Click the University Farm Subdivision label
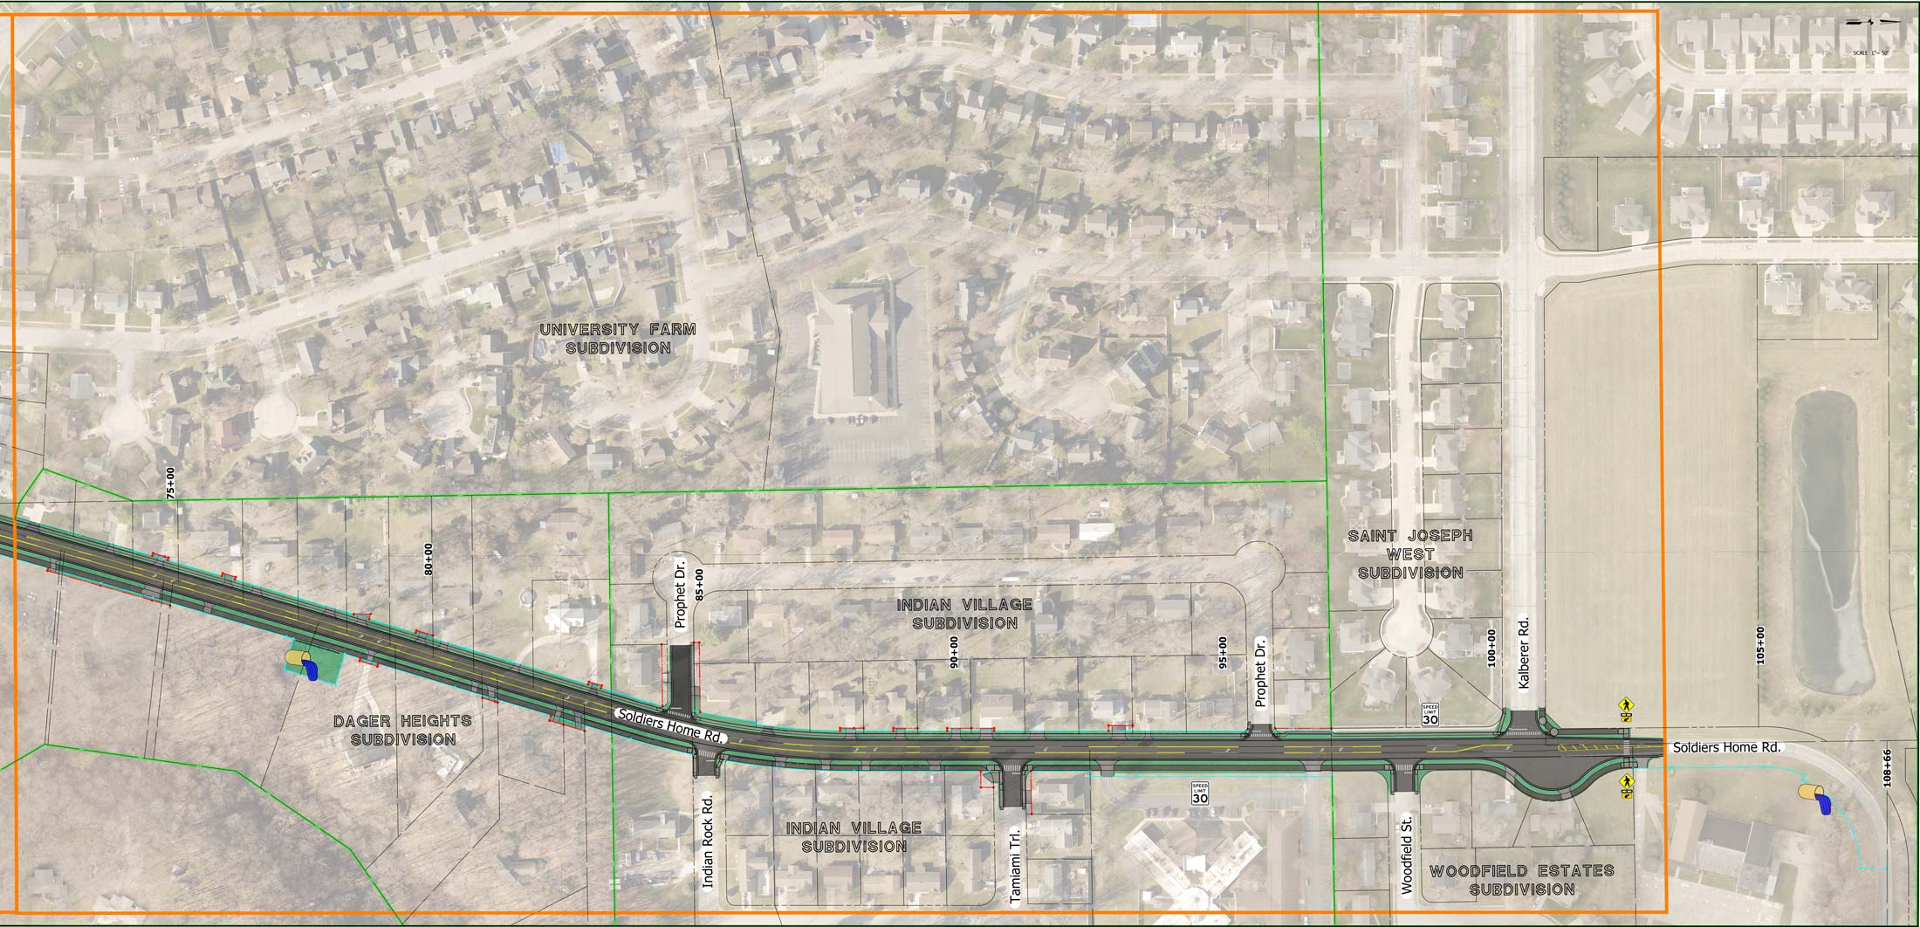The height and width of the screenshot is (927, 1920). [618, 339]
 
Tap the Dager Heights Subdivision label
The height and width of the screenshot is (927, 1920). [402, 731]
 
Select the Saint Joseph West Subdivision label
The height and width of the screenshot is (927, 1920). [1410, 554]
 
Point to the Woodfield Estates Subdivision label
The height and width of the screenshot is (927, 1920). [1521, 880]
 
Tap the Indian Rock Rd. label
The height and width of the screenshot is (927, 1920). [708, 840]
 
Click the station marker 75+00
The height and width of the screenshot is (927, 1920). [170, 484]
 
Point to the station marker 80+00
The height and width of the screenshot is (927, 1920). [428, 559]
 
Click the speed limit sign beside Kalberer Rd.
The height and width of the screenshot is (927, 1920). [1430, 715]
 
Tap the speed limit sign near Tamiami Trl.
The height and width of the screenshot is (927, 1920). [1201, 793]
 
